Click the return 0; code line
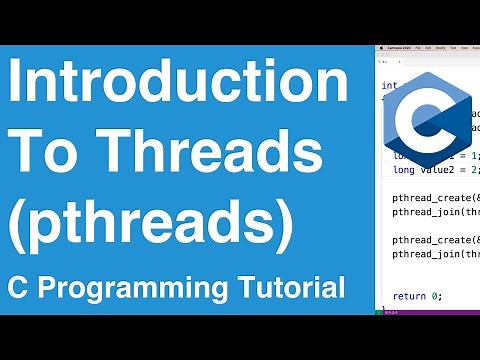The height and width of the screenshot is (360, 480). click(418, 296)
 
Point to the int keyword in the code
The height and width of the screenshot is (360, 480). click(388, 86)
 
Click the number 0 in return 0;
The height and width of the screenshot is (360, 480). click(434, 296)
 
